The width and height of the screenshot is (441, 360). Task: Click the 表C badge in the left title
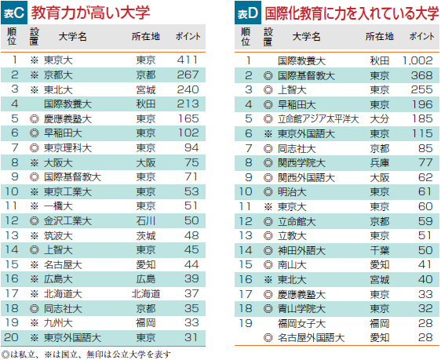[x=14, y=13]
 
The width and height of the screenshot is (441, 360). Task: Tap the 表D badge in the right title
[x=248, y=13]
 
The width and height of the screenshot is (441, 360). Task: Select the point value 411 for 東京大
[x=188, y=60]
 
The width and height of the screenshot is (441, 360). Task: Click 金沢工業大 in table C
[x=67, y=221]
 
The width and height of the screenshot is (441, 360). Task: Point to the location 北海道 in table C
[x=146, y=294]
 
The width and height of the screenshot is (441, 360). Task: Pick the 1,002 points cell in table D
[x=417, y=60]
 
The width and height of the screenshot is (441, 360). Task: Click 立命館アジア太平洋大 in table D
[x=319, y=119]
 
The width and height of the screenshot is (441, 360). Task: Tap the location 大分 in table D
[x=380, y=119]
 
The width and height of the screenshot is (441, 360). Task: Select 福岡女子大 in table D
[x=302, y=323]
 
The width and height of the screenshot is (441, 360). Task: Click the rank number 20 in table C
[x=12, y=337]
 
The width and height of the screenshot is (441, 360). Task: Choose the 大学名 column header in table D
[x=307, y=37]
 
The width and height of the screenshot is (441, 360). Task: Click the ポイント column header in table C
[x=188, y=37]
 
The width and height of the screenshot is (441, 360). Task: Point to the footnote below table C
[x=86, y=355]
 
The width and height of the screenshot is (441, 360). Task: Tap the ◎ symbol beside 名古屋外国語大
[x=268, y=338]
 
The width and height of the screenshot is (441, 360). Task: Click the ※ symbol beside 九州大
[x=35, y=323]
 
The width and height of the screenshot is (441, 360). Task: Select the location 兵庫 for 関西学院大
[x=380, y=162]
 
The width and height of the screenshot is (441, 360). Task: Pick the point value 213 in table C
[x=188, y=104]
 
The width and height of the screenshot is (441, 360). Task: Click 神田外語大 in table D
[x=302, y=250]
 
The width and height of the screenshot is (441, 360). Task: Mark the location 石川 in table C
[x=146, y=221]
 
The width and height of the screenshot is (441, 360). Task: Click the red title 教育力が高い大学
[x=90, y=13]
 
